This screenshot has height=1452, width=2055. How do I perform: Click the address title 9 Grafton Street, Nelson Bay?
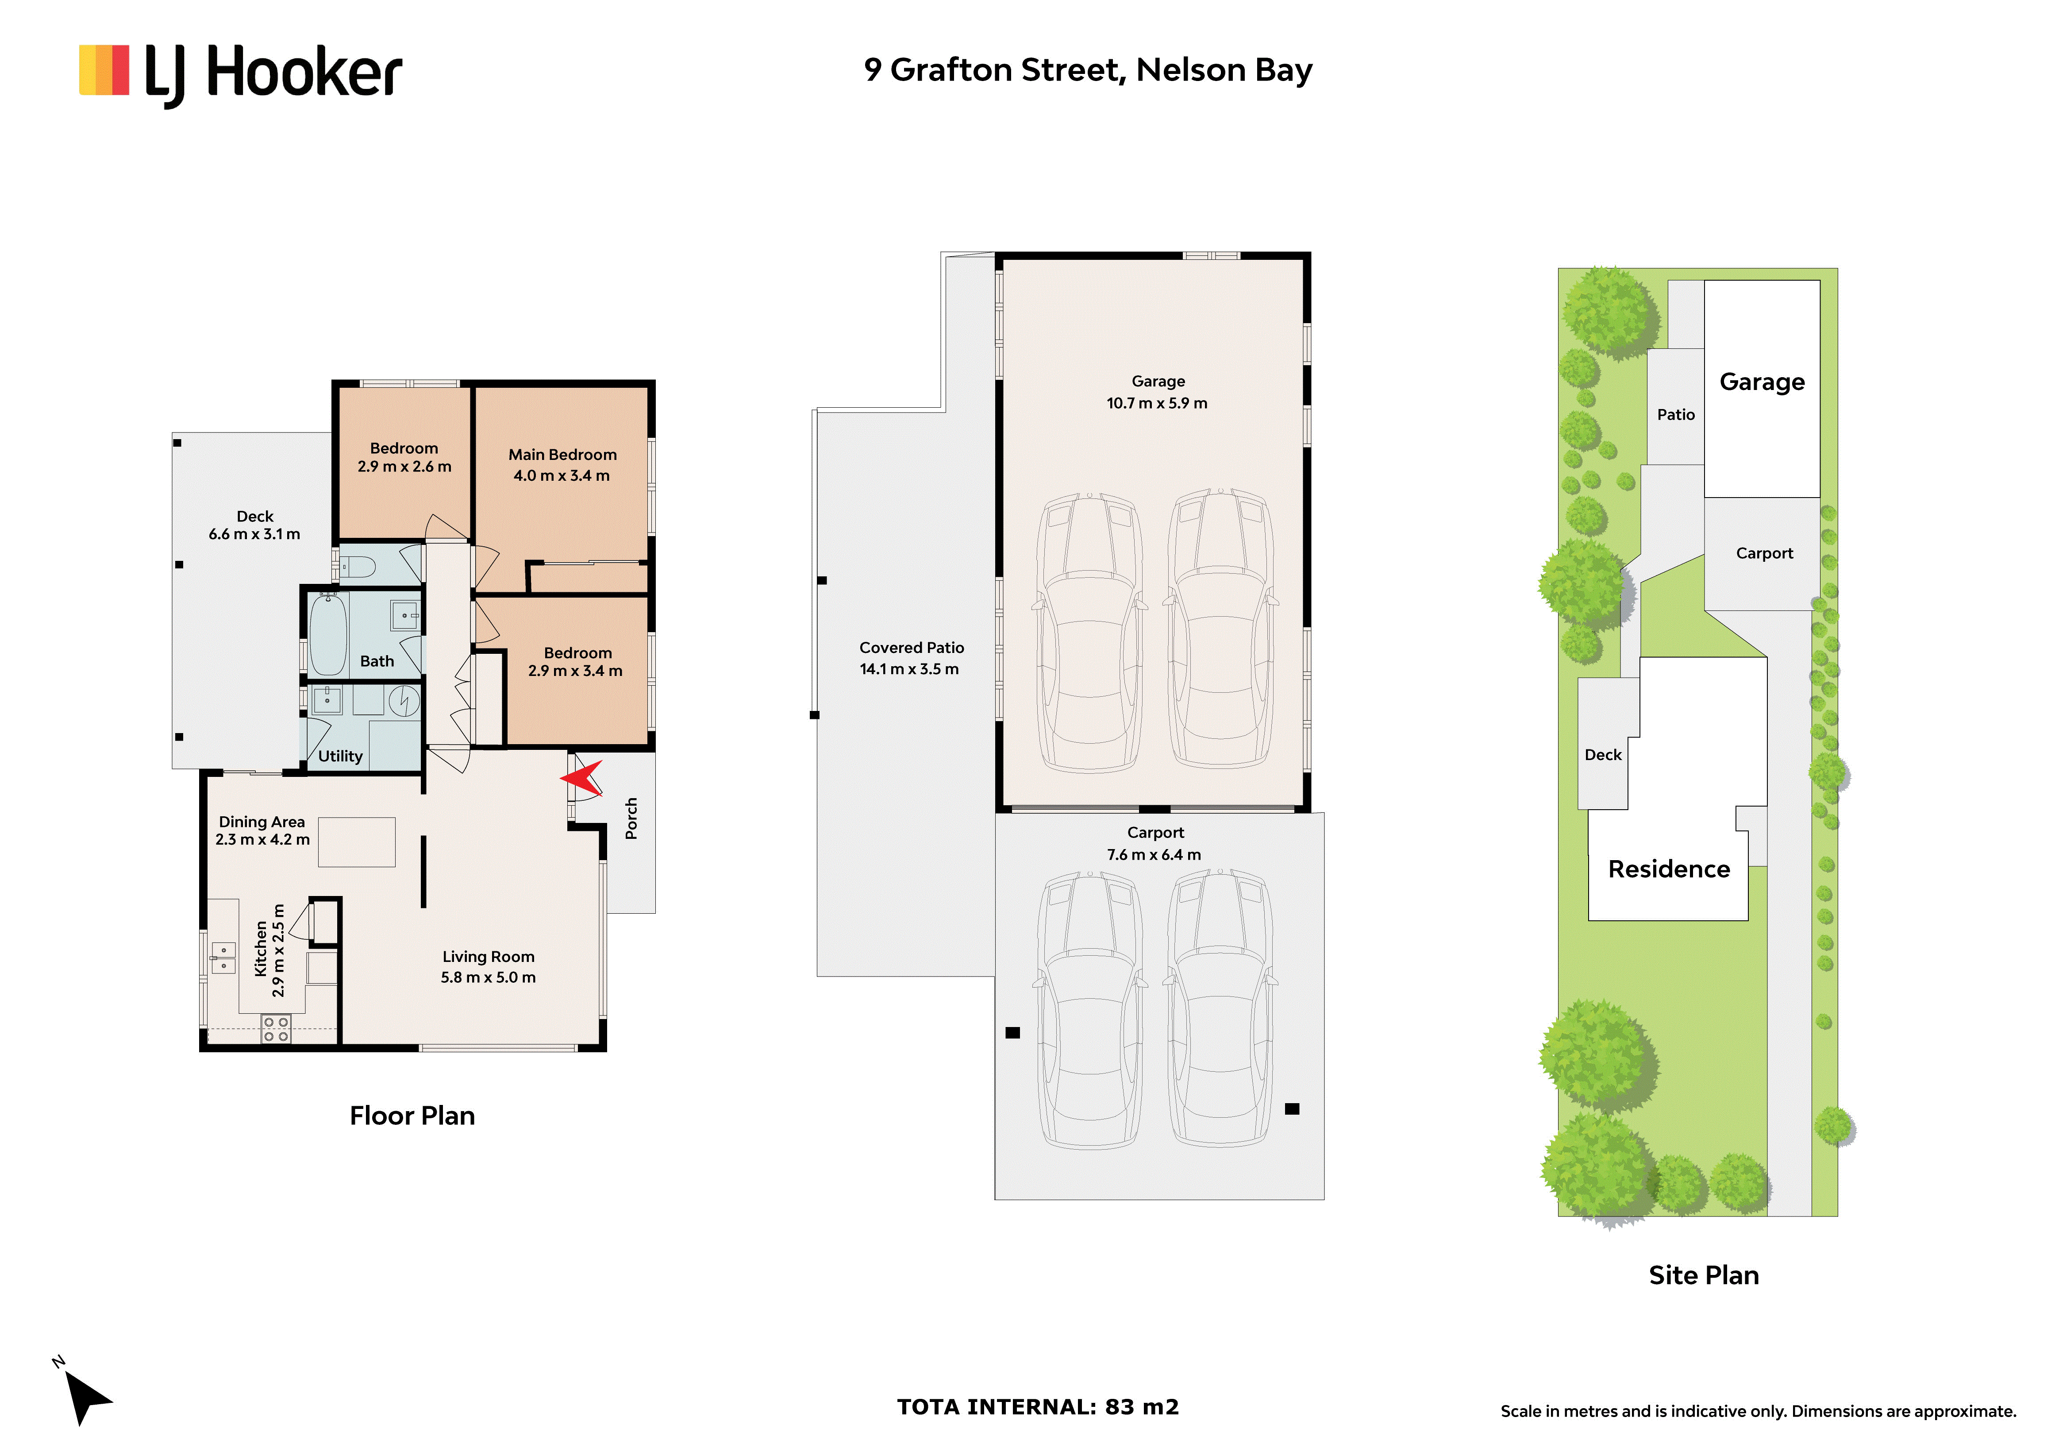click(1088, 70)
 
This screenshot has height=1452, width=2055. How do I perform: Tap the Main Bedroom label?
click(562, 455)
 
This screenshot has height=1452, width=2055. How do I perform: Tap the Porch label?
click(631, 818)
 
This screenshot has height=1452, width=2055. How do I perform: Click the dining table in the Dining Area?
click(356, 842)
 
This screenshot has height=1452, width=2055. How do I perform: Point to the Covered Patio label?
click(911, 647)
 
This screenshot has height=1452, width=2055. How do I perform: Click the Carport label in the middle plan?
click(1154, 833)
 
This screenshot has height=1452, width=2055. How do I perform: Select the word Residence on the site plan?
click(1668, 869)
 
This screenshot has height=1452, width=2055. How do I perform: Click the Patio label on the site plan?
click(1675, 414)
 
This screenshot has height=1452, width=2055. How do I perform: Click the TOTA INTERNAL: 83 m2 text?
click(1037, 1407)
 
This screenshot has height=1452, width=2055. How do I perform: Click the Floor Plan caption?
click(412, 1116)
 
